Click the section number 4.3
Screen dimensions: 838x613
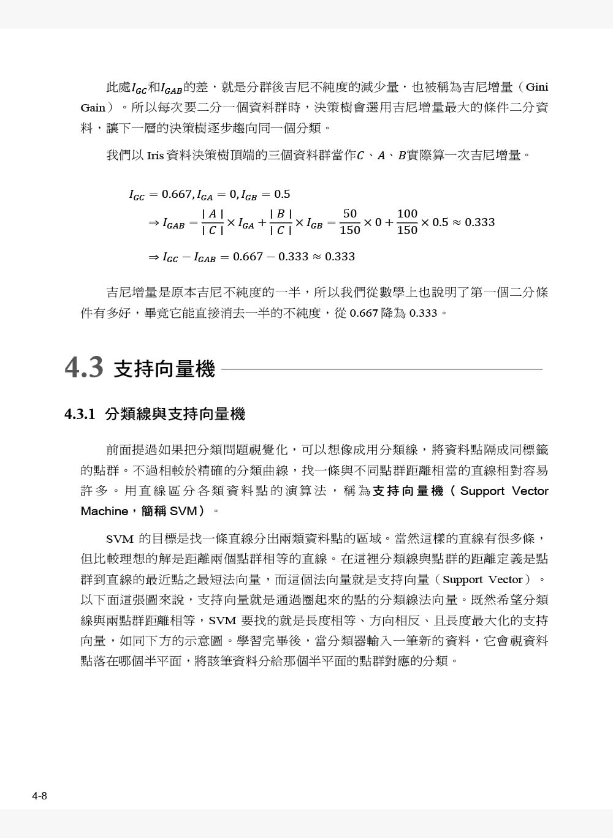pos(84,368)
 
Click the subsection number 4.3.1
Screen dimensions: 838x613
pos(80,415)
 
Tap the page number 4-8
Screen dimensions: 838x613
pos(40,796)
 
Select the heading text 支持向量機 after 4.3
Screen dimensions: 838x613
pos(165,369)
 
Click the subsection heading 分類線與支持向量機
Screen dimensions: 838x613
pos(175,415)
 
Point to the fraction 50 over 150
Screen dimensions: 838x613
pos(349,222)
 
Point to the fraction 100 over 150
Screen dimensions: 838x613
pos(407,222)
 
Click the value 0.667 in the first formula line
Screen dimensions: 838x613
pos(177,194)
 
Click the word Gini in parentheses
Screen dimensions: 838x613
pos(537,87)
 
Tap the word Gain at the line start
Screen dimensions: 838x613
pos(93,108)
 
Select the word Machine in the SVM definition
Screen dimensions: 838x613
pos(104,511)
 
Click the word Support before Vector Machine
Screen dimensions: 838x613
pos(482,491)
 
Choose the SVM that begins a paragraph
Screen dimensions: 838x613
pos(120,539)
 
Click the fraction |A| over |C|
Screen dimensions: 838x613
pos(212,222)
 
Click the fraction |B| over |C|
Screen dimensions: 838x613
pos(280,222)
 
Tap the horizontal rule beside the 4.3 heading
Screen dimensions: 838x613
pos(381,369)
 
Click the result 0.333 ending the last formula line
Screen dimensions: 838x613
pos(340,257)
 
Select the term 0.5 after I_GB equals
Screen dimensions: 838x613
pos(282,194)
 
